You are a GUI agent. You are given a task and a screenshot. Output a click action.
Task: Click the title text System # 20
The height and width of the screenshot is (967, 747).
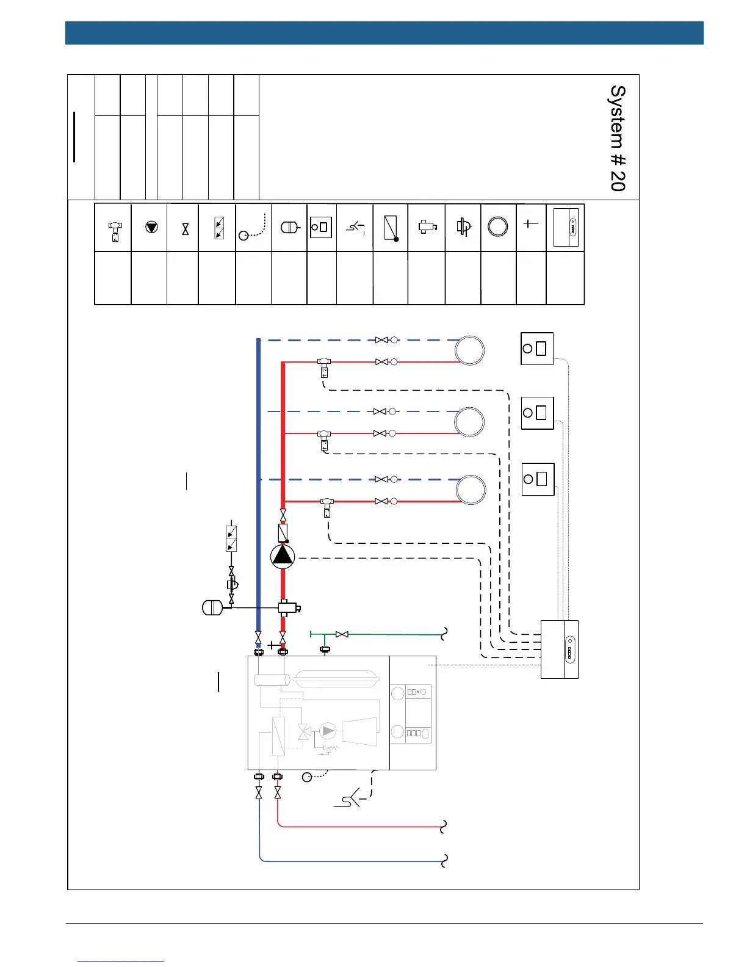coord(618,138)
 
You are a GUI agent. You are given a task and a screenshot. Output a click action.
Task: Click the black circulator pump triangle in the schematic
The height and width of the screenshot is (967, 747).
coord(283,556)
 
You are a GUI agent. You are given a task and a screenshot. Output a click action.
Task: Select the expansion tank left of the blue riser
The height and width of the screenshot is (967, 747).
coord(212,607)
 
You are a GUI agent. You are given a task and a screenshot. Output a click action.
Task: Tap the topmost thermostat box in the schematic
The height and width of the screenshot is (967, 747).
coord(537,349)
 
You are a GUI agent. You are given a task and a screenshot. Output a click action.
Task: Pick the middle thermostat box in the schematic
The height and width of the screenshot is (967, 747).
coord(537,413)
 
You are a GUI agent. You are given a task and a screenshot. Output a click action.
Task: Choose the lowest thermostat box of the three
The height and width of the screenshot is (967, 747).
coord(538,479)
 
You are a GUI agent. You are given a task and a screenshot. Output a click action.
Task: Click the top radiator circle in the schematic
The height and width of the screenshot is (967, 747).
coord(470,351)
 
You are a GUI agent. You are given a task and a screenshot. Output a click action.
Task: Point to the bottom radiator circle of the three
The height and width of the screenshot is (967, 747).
coord(471,490)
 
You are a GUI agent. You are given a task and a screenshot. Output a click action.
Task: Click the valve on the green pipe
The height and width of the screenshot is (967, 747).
coord(342,635)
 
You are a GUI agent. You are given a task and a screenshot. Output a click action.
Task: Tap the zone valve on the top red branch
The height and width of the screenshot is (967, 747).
coord(324,366)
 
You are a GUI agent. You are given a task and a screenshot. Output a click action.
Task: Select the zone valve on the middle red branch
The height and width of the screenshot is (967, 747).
coord(324,438)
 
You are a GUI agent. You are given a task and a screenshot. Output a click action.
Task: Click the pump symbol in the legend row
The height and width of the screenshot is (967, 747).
coord(151,227)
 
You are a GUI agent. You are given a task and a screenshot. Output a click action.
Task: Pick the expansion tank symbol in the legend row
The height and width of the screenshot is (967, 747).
coord(289,227)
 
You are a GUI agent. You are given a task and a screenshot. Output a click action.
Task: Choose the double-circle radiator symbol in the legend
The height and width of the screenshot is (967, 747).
coord(498,226)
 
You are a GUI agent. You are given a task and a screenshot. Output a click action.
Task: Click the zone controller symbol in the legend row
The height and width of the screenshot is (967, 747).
coord(566,228)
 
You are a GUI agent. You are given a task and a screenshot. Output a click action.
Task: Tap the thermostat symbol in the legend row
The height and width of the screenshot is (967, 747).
coord(321,227)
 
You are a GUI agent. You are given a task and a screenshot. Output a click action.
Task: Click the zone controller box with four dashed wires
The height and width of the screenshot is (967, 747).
coord(560,649)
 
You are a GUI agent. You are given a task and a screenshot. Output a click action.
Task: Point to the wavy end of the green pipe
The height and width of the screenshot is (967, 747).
coord(445,635)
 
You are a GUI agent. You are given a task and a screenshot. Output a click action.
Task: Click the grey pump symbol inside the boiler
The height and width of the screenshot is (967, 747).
coord(328,730)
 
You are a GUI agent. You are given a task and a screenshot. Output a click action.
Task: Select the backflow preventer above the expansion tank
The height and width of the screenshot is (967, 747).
coord(231,538)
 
